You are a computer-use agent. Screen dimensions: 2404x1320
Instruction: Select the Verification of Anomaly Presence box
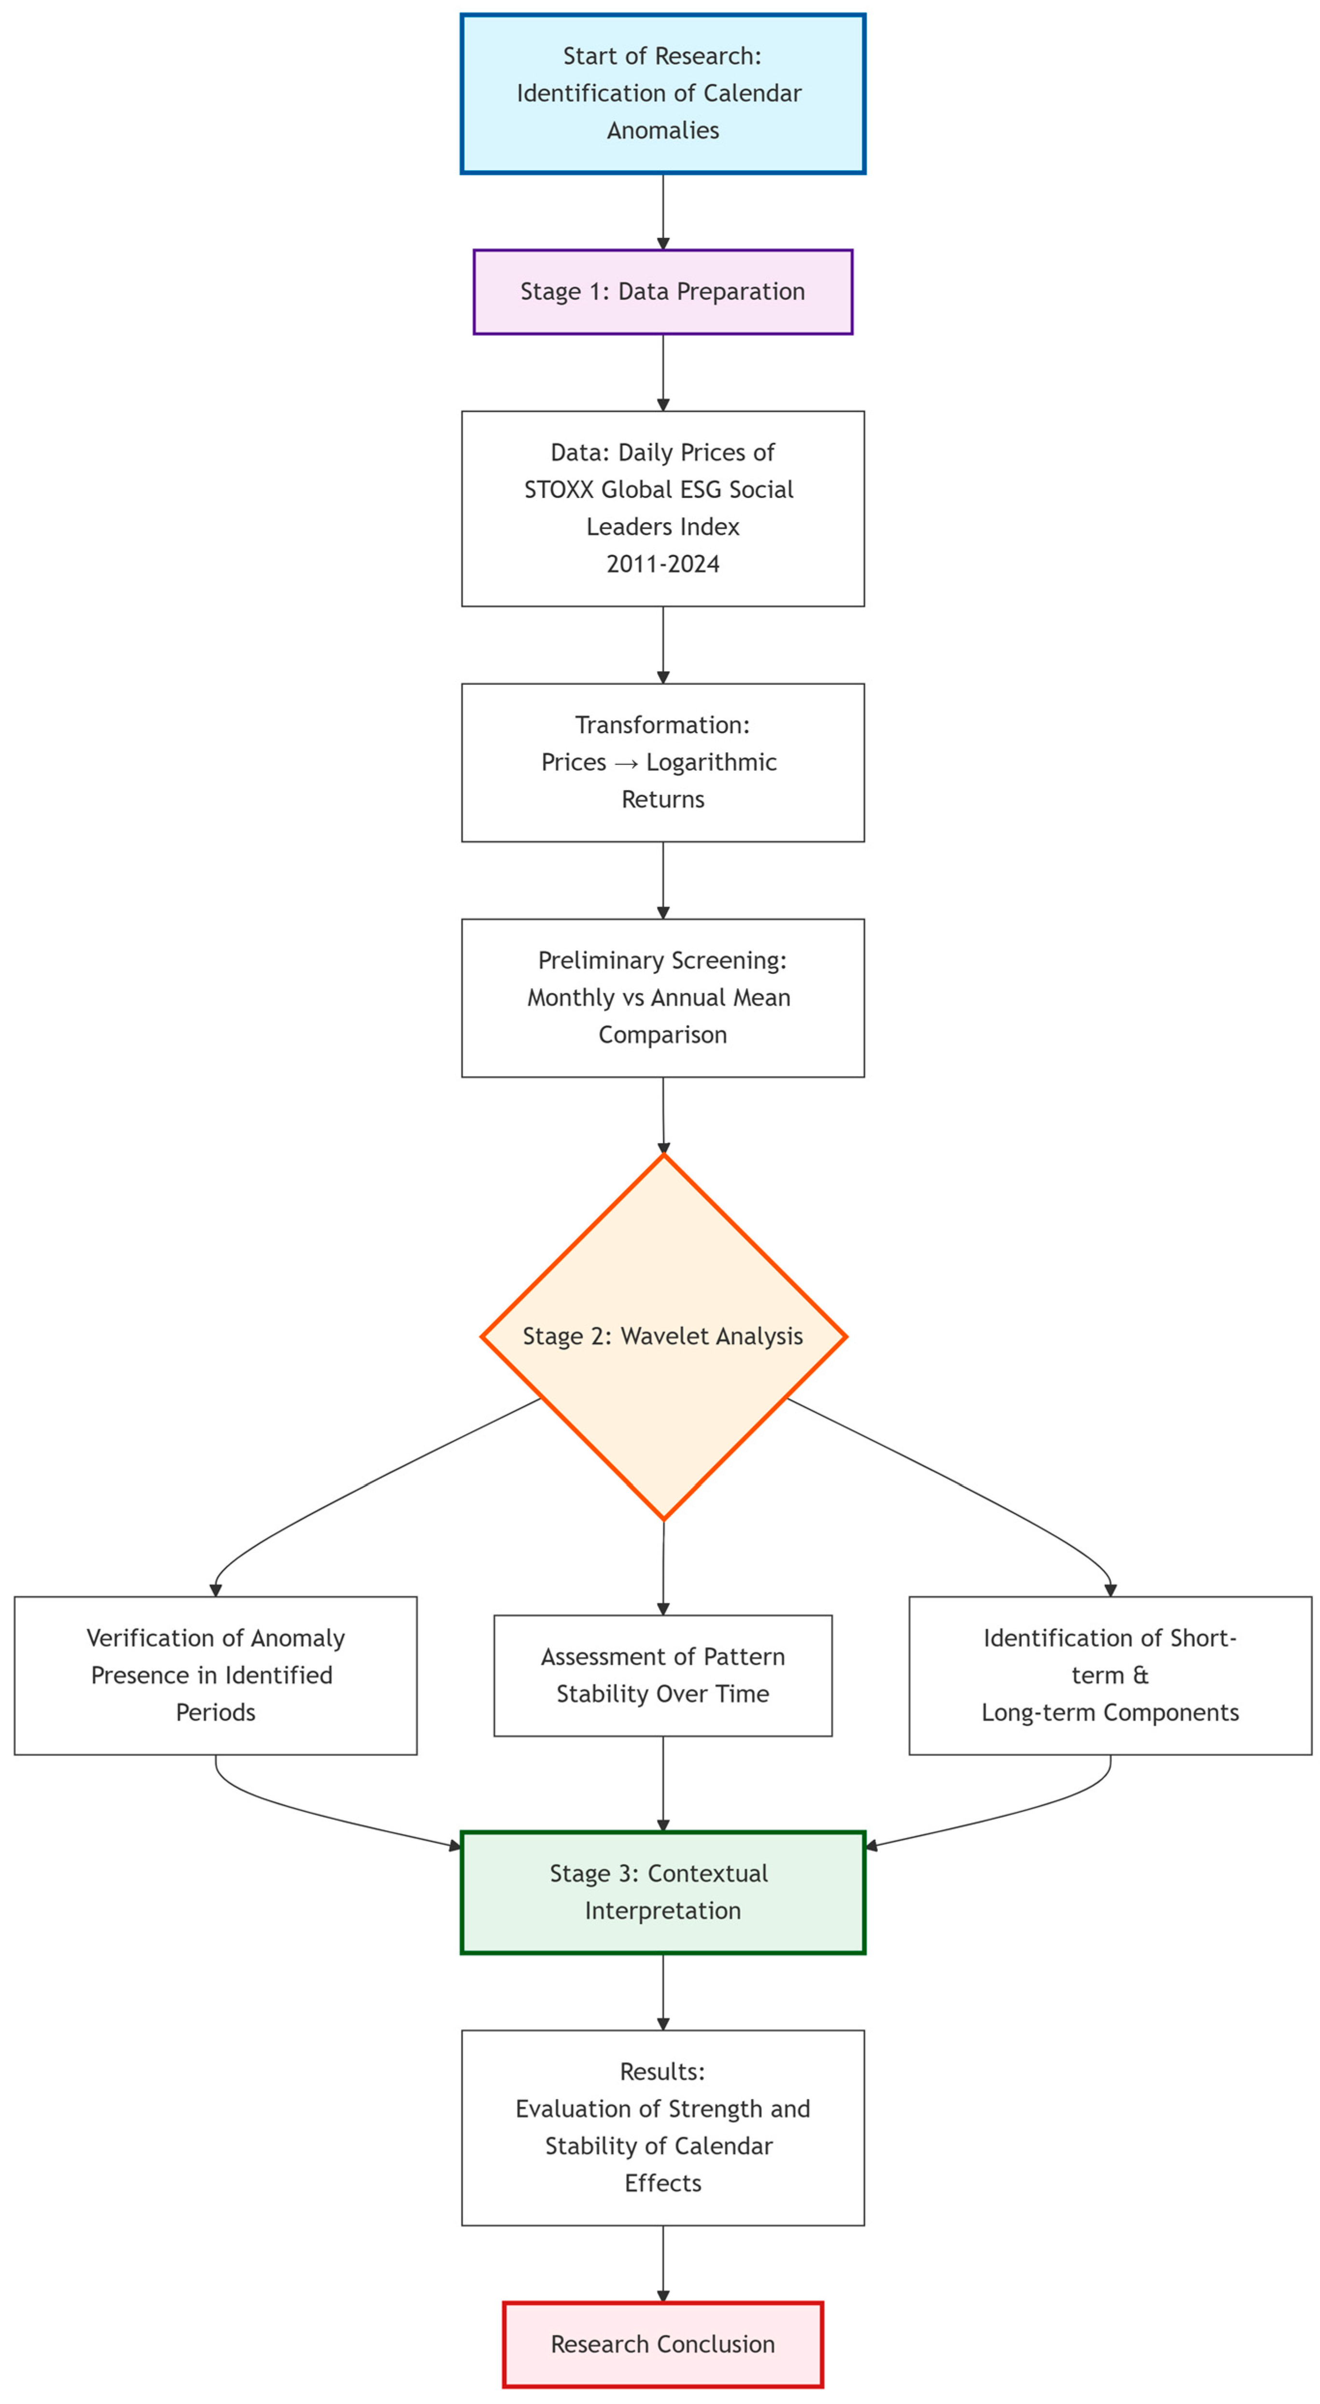(215, 1675)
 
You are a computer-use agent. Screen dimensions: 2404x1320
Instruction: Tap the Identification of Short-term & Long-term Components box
(1110, 1675)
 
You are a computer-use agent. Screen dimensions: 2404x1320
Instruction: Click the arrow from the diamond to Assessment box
(663, 1568)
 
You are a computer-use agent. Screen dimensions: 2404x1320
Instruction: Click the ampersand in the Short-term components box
(1140, 1675)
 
